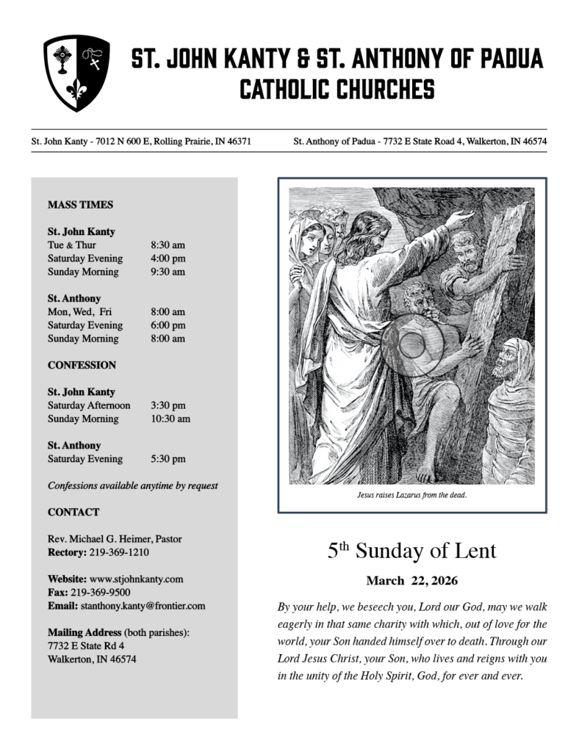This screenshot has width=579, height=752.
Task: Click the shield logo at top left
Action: [76, 73]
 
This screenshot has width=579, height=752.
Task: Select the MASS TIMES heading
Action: [80, 205]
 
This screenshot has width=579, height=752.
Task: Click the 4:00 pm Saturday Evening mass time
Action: [168, 258]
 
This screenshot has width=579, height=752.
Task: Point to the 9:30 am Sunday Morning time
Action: [168, 272]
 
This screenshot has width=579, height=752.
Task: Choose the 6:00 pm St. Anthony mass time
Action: [168, 325]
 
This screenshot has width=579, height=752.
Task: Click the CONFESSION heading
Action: [82, 365]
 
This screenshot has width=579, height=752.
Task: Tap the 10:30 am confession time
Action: [170, 419]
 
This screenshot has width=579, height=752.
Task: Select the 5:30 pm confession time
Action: [168, 459]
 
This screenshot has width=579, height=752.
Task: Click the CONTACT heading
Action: [73, 512]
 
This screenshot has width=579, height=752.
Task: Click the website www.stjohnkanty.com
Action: [136, 579]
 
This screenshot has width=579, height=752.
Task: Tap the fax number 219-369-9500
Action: [101, 592]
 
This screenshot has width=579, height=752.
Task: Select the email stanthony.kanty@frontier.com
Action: [143, 606]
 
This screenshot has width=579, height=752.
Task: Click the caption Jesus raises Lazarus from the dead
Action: [411, 495]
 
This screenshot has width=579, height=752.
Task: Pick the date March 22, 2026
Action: [411, 581]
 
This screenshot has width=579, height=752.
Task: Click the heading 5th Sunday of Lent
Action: [411, 551]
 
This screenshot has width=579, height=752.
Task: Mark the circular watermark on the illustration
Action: [411, 345]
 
